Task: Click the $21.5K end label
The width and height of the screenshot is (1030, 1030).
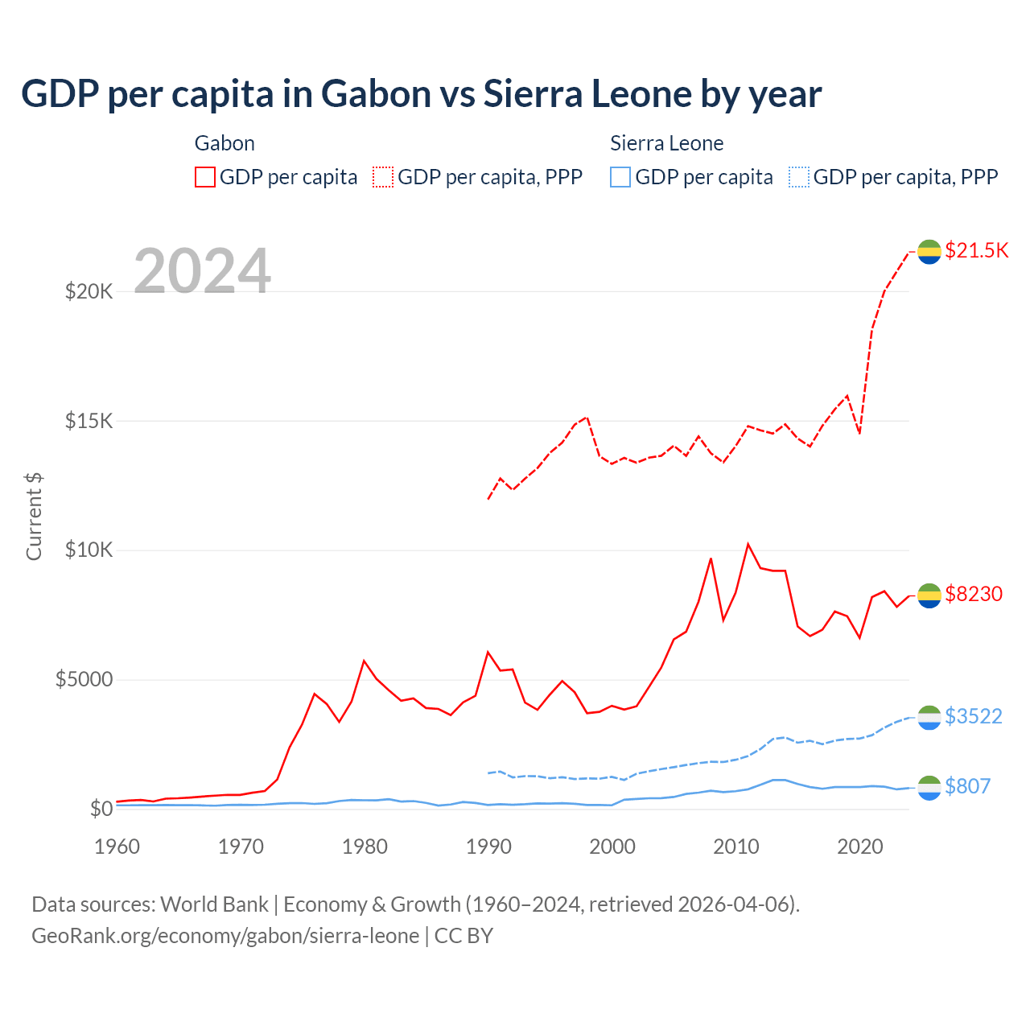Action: point(976,250)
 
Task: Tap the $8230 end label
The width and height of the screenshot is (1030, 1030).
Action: point(974,594)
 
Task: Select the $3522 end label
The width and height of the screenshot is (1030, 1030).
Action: point(974,716)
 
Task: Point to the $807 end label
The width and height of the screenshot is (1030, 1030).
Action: point(967,786)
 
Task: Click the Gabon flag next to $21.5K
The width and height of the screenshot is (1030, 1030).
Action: point(929,252)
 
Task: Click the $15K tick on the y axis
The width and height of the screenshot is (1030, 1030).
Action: point(89,421)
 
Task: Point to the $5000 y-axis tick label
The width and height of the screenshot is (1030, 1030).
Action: point(84,680)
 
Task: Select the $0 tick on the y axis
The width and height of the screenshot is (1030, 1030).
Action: point(101,809)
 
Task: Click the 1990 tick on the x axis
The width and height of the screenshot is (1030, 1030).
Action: point(488,847)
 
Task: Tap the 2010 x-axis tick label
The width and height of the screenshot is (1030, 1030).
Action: point(736,847)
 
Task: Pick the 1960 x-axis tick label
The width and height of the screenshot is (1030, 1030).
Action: point(117,847)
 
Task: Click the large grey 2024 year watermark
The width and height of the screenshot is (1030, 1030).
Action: point(202,271)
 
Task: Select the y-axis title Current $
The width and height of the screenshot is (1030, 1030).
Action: point(34,516)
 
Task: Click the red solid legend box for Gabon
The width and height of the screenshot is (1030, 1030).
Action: point(205,177)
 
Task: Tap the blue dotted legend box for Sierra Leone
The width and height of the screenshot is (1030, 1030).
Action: point(799,177)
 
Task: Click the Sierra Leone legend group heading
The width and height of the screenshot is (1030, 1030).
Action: point(666,143)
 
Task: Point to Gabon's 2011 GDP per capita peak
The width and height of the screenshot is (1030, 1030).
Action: point(748,544)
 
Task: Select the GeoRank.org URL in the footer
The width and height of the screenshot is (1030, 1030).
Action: point(225,936)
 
